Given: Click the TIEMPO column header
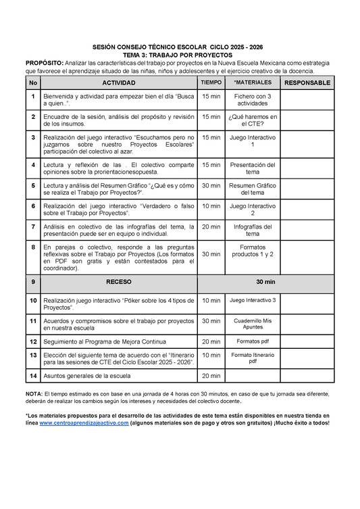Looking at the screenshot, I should point(211,82).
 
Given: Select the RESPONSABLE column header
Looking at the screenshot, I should point(307,82).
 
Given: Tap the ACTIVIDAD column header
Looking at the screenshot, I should point(118,82).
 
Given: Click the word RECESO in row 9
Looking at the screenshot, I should point(118,281).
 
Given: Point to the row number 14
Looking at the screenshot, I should point(32,375).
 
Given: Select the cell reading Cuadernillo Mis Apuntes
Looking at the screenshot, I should point(252,324).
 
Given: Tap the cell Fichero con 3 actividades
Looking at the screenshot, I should point(252,100).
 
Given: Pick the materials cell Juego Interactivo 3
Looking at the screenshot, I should point(252,299).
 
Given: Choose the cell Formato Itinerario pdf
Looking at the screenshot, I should point(252,358).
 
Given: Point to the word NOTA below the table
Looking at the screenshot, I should point(34,393).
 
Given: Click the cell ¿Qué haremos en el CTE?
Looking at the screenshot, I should point(252,120).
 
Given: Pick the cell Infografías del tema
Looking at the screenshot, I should point(252,230).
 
